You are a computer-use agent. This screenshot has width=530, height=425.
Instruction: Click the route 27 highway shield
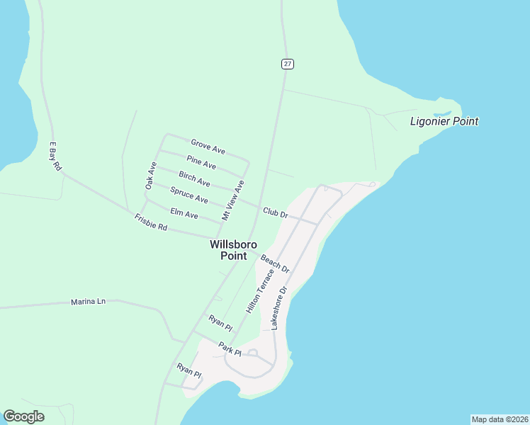tap(287, 64)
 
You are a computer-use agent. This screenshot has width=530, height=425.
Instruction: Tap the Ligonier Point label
tap(444, 121)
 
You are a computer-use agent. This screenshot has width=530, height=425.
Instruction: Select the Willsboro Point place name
tap(228, 250)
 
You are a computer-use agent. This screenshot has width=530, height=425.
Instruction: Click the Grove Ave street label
tap(208, 147)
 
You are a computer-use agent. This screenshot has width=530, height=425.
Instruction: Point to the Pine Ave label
tap(201, 162)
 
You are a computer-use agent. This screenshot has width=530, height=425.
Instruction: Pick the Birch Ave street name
tap(194, 178)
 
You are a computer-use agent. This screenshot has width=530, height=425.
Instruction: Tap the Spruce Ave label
tap(189, 195)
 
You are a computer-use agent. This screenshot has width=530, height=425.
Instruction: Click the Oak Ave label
tap(150, 175)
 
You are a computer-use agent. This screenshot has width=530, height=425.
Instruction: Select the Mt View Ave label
tap(232, 200)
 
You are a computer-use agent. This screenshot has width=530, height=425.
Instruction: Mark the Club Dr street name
tap(275, 212)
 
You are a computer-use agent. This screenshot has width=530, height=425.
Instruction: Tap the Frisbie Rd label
tap(150, 222)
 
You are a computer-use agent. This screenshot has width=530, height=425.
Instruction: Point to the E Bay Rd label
tap(55, 157)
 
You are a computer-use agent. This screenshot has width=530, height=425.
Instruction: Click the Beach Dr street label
tap(275, 264)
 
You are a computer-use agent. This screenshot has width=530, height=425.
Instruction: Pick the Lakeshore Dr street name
tap(277, 307)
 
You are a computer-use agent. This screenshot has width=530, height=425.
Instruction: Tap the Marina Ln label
tap(88, 302)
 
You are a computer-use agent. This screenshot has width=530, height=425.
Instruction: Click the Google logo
tap(23, 416)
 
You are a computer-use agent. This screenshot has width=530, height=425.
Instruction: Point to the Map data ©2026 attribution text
tap(499, 419)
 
